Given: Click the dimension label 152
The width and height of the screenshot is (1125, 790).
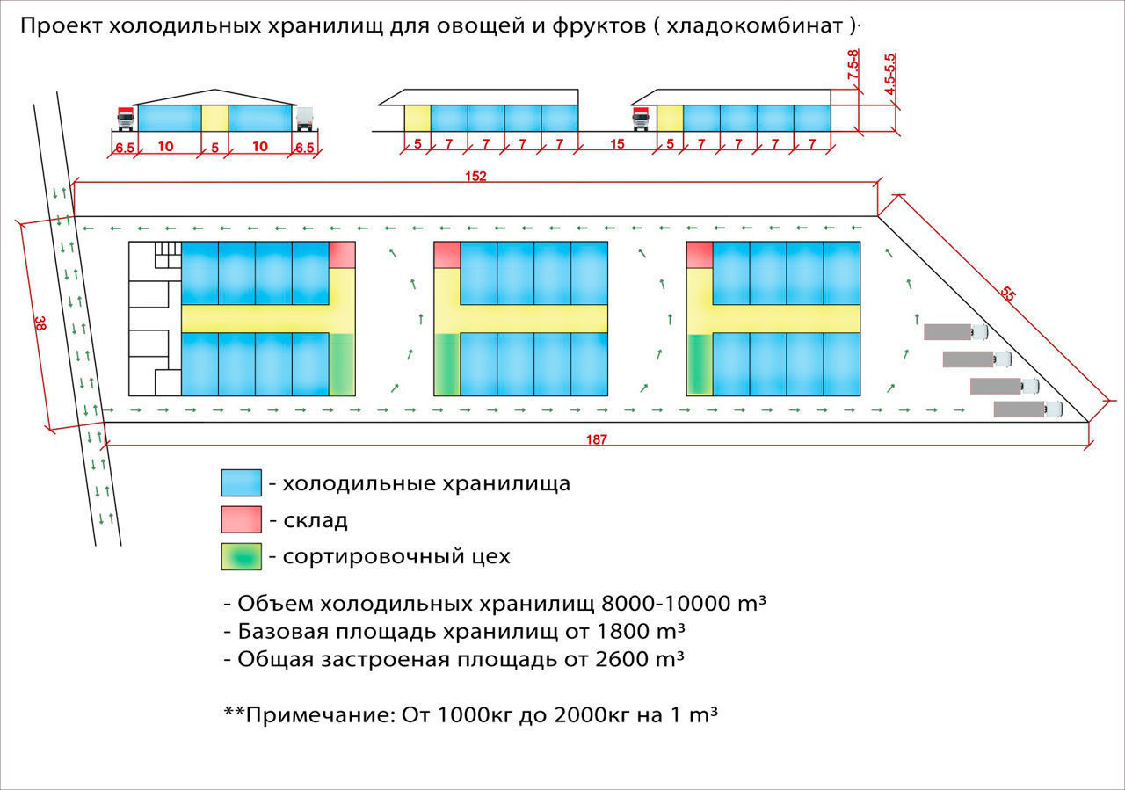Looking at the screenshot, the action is (x=475, y=176).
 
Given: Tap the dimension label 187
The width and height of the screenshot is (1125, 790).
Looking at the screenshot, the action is (x=596, y=439).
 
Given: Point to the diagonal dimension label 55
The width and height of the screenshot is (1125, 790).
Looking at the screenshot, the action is (x=1007, y=294).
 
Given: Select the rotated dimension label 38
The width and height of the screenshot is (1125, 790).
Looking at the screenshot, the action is (x=40, y=323).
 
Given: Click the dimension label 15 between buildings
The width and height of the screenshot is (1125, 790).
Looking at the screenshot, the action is (x=617, y=144).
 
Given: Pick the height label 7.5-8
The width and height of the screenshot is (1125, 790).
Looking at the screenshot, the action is (x=853, y=64).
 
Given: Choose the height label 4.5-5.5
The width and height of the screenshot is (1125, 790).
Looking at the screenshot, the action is (x=890, y=74).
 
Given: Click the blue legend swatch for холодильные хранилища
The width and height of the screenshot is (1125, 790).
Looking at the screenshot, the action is (x=242, y=482).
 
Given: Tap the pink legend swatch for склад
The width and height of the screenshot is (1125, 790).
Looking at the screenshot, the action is (x=242, y=519).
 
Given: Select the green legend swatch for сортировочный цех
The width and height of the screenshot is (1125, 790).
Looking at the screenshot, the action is (x=242, y=556).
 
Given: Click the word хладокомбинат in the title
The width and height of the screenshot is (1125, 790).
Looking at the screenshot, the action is (x=754, y=25).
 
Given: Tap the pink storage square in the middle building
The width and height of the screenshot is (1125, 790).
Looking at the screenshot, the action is (x=447, y=255).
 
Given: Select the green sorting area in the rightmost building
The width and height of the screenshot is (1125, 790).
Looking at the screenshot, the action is (x=700, y=364).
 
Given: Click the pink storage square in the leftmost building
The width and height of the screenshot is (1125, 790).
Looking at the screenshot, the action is (x=342, y=255).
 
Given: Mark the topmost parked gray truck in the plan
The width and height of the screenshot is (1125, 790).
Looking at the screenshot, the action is (x=955, y=332).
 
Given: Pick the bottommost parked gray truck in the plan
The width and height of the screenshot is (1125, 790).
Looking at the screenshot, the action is (x=1028, y=409).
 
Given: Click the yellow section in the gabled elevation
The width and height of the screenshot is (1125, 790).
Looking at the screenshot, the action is (x=215, y=118).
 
